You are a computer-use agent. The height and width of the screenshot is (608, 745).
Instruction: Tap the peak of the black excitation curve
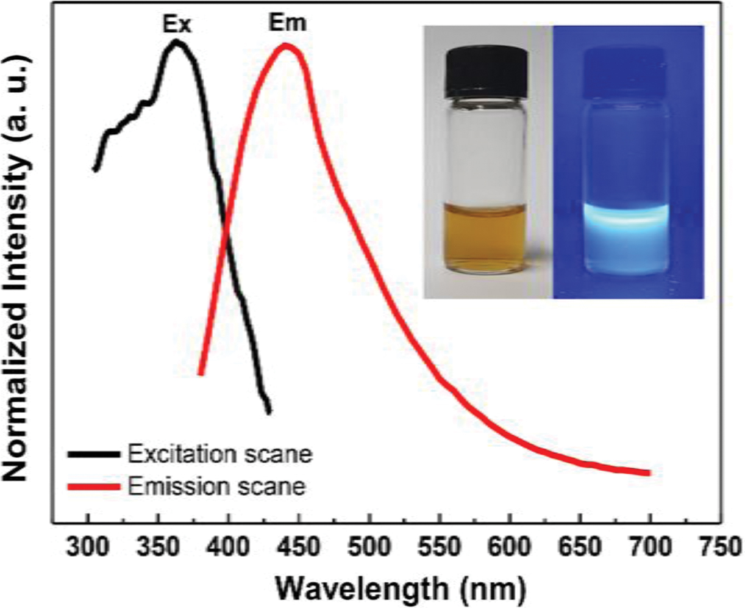[x=177, y=42]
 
